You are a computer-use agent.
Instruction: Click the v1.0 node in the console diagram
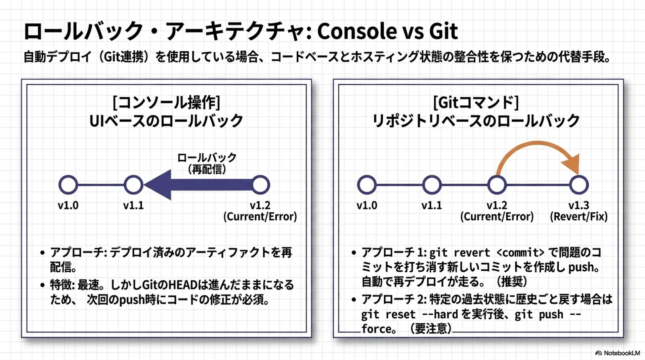68,185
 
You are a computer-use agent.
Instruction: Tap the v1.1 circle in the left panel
133,185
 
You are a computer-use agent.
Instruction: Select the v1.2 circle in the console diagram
260,185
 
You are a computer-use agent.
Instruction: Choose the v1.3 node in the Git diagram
579,185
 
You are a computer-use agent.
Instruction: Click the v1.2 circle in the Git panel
497,185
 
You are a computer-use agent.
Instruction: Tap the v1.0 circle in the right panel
367,185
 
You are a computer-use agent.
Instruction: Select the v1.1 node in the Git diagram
432,185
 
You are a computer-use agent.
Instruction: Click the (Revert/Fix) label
578,217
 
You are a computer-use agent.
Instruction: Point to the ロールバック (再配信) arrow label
207,163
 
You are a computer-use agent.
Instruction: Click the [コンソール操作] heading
166,102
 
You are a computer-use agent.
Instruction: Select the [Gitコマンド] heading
476,102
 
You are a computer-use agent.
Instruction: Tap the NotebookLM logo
617,353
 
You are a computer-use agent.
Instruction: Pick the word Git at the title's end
443,31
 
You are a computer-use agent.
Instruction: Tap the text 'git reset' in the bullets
388,315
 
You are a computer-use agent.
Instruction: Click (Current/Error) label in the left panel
260,217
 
